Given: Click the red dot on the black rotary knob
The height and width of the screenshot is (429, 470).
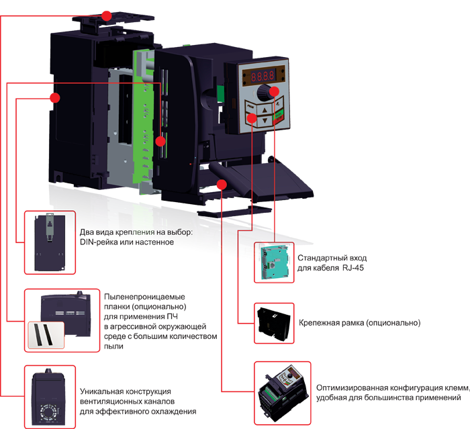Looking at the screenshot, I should tap(274, 90).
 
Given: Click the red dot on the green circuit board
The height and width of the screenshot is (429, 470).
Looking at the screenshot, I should tap(160, 141).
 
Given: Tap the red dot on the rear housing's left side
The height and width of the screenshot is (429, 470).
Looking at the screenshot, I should tap(55, 98).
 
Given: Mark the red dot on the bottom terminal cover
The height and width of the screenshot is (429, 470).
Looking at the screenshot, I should tap(222, 183).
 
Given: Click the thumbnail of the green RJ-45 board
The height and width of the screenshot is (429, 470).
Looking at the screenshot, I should tap(275, 261).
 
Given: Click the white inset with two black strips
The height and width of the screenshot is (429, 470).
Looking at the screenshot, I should tap(45, 334).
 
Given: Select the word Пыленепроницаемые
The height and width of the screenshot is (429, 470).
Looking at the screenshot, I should tap(144, 297).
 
